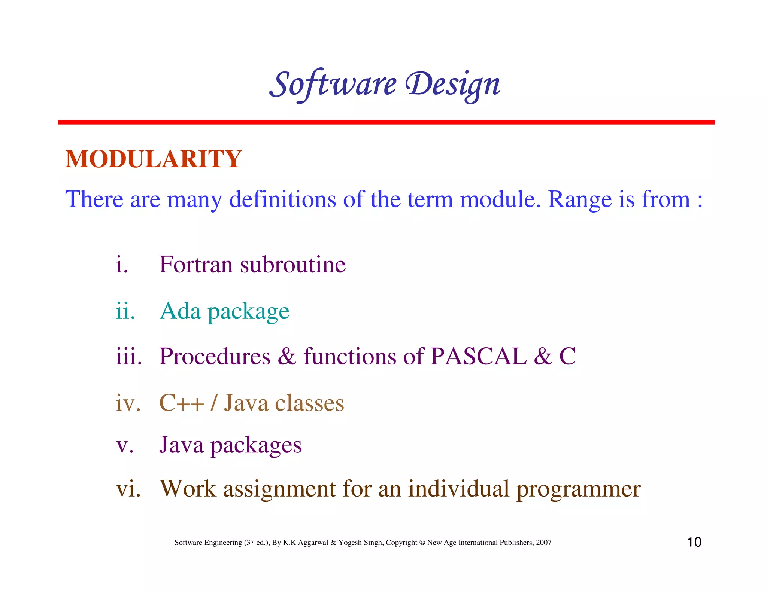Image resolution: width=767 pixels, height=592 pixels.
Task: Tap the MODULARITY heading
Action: click(x=154, y=159)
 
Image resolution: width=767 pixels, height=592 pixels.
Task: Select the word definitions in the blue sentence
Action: click(x=282, y=199)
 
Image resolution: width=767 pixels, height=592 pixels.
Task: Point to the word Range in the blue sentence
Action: click(x=579, y=200)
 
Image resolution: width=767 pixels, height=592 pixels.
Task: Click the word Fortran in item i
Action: click(x=196, y=265)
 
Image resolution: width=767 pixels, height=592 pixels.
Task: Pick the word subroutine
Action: click(x=292, y=265)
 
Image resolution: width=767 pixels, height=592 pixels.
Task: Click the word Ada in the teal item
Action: click(x=180, y=311)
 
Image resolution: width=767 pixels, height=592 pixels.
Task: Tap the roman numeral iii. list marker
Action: click(x=128, y=356)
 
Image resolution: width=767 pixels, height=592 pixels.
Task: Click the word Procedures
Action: click(x=215, y=356)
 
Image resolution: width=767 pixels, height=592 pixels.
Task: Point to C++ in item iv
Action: click(x=181, y=403)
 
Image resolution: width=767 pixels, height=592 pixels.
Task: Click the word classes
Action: click(x=309, y=403)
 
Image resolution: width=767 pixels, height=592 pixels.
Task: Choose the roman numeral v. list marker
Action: click(x=125, y=445)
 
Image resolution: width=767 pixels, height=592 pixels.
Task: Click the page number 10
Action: click(x=694, y=542)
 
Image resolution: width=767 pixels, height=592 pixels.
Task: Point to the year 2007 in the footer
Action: click(x=543, y=543)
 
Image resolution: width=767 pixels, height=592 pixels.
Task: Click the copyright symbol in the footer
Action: click(x=422, y=543)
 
